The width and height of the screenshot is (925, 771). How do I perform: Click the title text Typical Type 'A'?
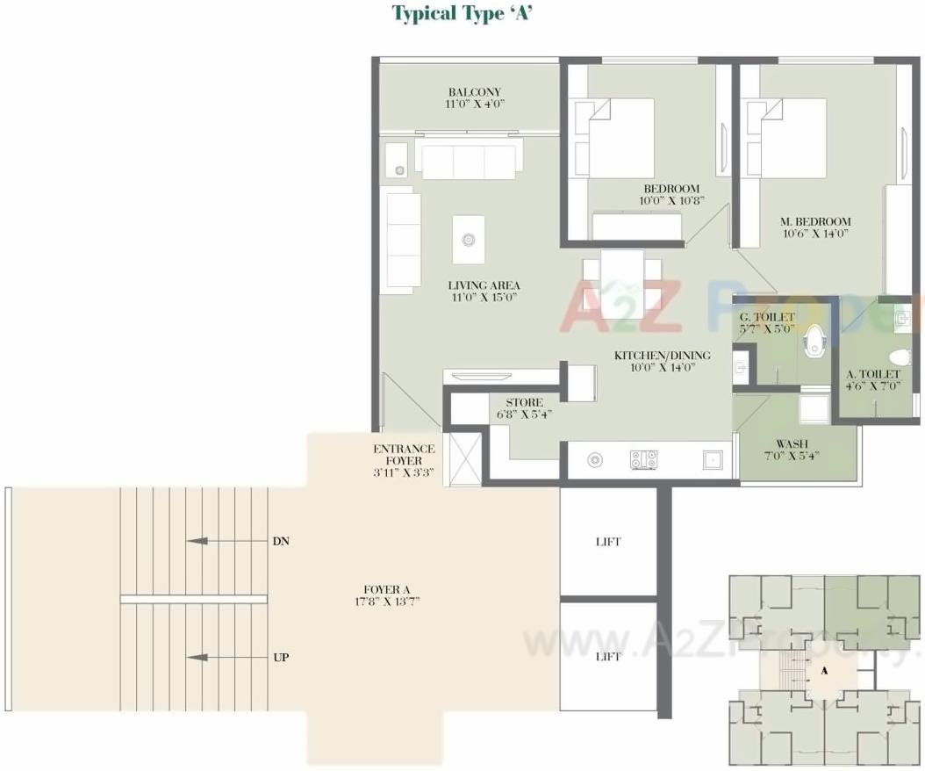(462, 13)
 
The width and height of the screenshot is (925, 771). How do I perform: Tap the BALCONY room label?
(474, 92)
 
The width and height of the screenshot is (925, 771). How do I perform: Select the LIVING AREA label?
(484, 285)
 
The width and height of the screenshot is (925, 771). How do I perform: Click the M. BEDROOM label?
(817, 221)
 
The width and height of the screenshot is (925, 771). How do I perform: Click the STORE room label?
(524, 403)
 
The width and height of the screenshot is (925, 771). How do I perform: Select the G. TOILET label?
(766, 317)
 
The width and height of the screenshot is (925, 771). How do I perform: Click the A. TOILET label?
(872, 374)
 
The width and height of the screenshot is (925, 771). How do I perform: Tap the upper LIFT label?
(608, 542)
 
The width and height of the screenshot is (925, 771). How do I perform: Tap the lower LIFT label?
(608, 657)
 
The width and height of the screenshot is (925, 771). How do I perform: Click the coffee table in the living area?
(469, 239)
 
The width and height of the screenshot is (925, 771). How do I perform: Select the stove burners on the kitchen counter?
(643, 458)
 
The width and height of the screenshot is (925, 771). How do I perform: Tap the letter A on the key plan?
(824, 670)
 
